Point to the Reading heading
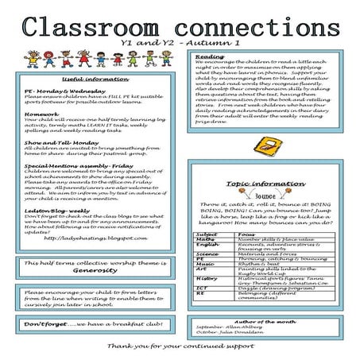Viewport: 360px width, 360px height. tap(210, 57)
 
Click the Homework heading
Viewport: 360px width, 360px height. tap(40, 114)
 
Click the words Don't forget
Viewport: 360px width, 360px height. tap(44, 324)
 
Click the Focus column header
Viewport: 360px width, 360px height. tap(246, 235)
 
